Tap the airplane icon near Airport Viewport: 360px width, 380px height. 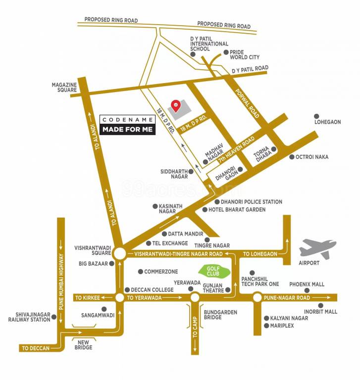pyautogui.click(x=318, y=248)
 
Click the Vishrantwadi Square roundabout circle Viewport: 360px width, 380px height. pyautogui.click(x=119, y=254)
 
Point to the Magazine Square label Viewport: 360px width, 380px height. pyautogui.click(x=64, y=88)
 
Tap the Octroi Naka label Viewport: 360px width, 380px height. pyautogui.click(x=312, y=157)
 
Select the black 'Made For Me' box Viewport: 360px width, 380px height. pyautogui.click(x=128, y=130)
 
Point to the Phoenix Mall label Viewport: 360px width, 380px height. pyautogui.click(x=307, y=285)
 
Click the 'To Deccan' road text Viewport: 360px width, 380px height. pyautogui.click(x=35, y=348)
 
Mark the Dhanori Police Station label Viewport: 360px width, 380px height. pyautogui.click(x=252, y=202)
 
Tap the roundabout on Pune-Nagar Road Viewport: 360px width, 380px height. pyautogui.click(x=257, y=298)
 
